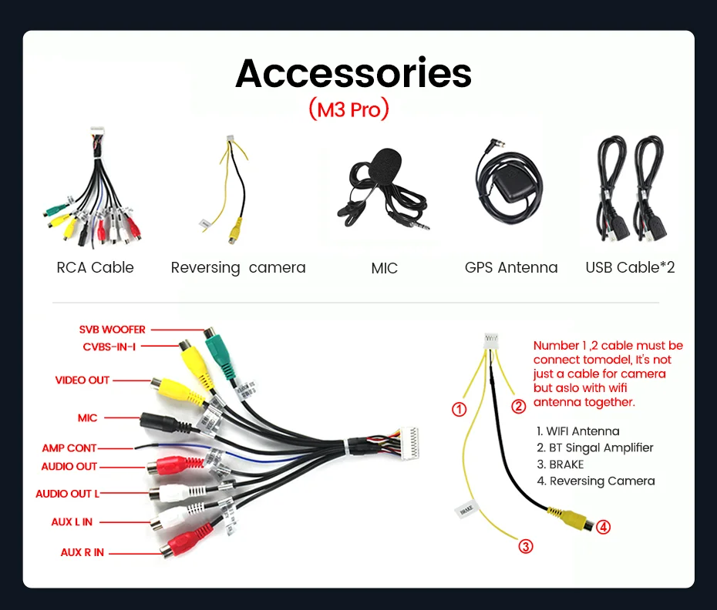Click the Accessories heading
[353, 74]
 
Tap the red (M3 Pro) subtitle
[348, 110]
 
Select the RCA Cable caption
[95, 268]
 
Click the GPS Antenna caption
[510, 268]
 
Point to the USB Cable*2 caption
[630, 268]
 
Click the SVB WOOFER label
[112, 330]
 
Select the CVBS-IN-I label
[109, 347]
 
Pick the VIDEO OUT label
[82, 380]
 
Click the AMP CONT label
[69, 447]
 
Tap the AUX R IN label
[82, 552]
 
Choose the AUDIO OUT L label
[68, 494]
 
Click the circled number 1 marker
[459, 410]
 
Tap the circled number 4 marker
[604, 528]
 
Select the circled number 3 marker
[525, 547]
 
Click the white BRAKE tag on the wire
[466, 510]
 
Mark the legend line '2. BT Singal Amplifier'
[594, 447]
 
